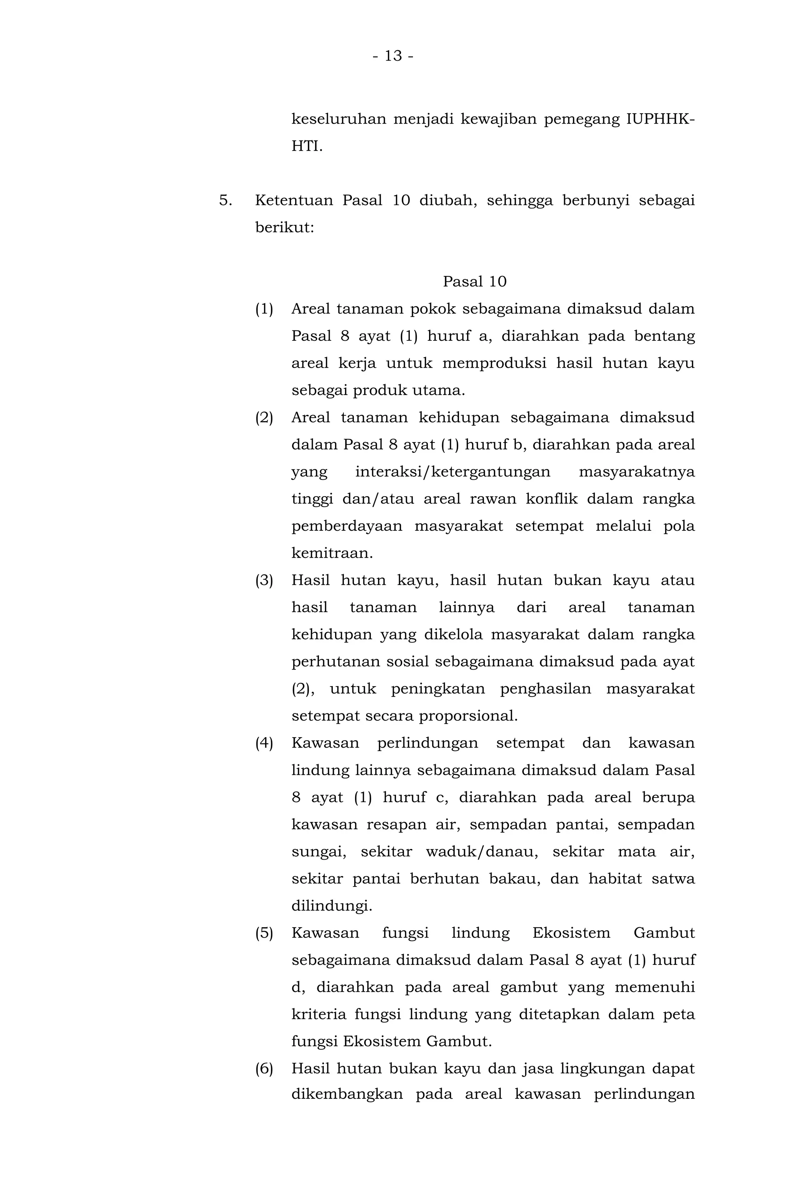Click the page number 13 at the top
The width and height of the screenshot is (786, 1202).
[x=393, y=56]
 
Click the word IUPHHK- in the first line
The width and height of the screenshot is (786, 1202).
[x=660, y=120]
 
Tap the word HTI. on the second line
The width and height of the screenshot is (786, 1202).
[x=307, y=147]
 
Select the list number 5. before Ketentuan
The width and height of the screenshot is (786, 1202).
[x=225, y=200]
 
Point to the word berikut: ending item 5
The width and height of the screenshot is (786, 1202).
[x=284, y=228]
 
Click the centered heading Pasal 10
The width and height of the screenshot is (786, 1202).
[x=474, y=282]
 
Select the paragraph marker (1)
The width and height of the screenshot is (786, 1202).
[x=264, y=309]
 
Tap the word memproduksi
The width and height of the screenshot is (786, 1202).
[x=494, y=363]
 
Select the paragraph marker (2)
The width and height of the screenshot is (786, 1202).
[x=264, y=418]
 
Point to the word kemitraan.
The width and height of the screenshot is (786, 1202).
[x=332, y=553]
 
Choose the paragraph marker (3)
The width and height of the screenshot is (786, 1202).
[x=264, y=581]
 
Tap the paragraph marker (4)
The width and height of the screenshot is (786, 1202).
[x=264, y=743]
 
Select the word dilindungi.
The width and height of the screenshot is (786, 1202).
[x=331, y=906]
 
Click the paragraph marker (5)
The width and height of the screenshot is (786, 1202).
[x=264, y=933]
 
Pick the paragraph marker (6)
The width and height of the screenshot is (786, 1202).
[x=264, y=1069]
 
